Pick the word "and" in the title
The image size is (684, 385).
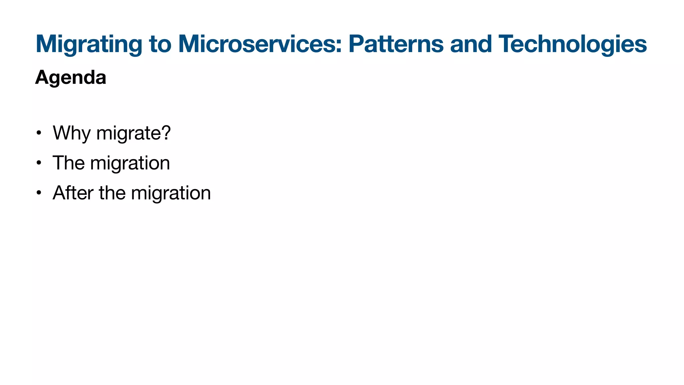click(x=471, y=44)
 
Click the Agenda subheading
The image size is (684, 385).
click(x=70, y=78)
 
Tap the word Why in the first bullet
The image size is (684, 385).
click(x=71, y=133)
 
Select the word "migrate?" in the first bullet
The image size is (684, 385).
click(x=133, y=133)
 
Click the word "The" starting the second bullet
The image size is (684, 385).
click(x=68, y=163)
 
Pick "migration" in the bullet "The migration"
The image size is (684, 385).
click(x=130, y=163)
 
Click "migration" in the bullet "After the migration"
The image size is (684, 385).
click(x=171, y=193)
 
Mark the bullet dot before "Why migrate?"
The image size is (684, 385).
click(x=39, y=133)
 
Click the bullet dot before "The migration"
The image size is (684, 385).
click(x=39, y=163)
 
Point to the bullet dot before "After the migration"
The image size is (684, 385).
click(x=39, y=193)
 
